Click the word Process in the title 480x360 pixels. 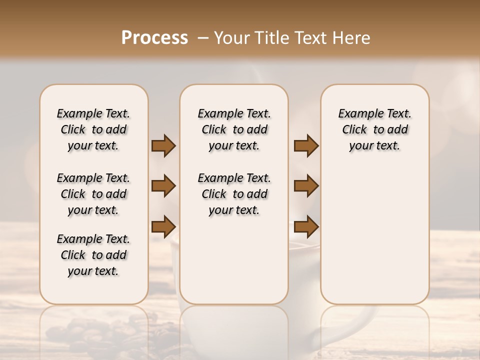tap(154, 38)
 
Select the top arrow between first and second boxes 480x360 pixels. tap(163, 145)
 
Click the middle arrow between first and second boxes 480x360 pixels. tap(163, 186)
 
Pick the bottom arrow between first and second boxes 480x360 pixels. tap(163, 226)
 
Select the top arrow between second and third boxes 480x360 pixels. tap(306, 145)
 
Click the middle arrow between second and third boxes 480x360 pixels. tap(306, 186)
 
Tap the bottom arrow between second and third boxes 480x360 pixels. tap(306, 226)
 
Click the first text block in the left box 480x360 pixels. tap(93, 129)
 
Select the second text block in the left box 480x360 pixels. tap(93, 194)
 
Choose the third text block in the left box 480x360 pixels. tap(93, 255)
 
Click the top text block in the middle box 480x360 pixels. tap(234, 129)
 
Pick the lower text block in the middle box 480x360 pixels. tap(234, 194)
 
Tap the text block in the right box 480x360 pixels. tap(374, 129)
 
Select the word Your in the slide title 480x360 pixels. tap(229, 38)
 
